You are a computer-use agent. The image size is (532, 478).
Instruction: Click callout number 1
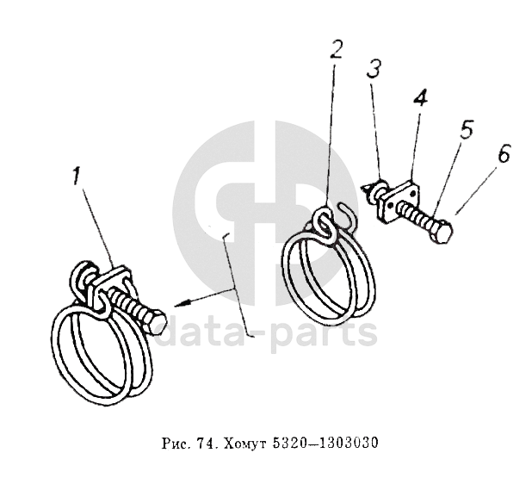[x=77, y=176]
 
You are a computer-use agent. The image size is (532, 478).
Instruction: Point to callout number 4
[x=420, y=97]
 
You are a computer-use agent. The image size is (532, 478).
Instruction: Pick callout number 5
[x=467, y=129]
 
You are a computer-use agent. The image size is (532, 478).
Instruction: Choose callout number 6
[x=504, y=153]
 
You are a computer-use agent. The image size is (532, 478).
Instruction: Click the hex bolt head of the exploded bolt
[x=442, y=233]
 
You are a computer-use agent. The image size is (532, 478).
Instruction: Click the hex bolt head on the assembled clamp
[x=157, y=323]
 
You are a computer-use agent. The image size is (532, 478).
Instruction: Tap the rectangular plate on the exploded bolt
[x=399, y=202]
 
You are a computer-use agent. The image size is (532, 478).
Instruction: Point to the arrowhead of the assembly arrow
[x=179, y=304]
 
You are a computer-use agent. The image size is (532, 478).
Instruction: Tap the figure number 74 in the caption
[x=205, y=443]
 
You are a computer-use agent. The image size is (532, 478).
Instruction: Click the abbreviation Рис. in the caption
[x=175, y=444]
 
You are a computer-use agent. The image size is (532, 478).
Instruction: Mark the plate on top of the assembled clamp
[x=111, y=278]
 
